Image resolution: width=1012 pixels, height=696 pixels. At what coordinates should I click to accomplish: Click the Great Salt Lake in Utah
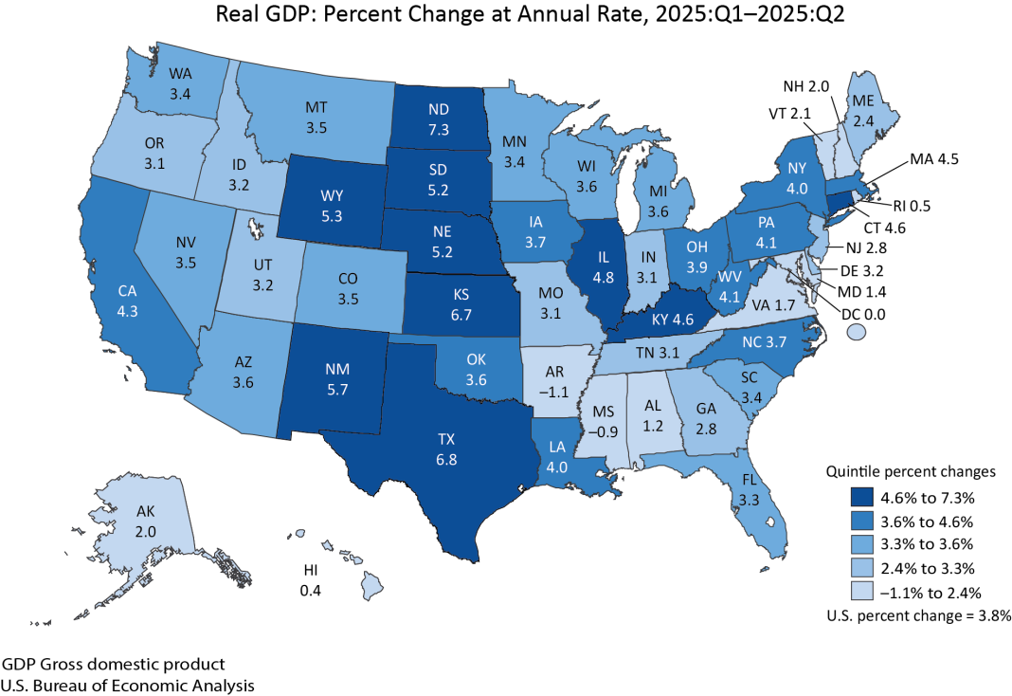tap(255, 228)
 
